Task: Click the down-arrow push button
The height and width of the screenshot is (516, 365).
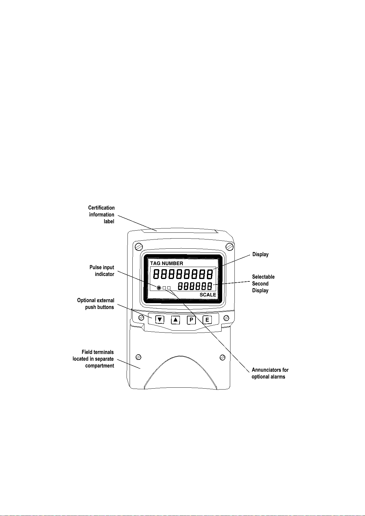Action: point(160,320)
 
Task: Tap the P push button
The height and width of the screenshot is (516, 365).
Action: point(191,320)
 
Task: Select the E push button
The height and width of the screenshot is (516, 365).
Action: point(207,320)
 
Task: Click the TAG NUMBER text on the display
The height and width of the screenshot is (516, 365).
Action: point(166,263)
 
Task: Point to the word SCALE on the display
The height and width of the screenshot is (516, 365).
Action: point(208,295)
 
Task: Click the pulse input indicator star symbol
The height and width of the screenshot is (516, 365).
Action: point(159,288)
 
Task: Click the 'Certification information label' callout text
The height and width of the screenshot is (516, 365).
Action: point(101,215)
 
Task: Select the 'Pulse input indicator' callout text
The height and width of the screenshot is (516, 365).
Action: point(102,271)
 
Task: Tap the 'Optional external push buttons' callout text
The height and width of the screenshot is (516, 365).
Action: point(96,304)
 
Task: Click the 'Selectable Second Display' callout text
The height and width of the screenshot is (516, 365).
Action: point(263,284)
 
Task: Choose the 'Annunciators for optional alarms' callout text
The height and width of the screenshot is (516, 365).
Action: point(270,373)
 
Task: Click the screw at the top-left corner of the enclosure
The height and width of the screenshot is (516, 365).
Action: point(139,246)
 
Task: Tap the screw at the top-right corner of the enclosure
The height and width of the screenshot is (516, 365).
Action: point(230,246)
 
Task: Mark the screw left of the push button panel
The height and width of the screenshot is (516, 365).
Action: point(141,318)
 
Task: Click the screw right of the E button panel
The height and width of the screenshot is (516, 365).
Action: point(226,318)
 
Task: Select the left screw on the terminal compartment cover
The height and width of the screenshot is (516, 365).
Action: point(138,357)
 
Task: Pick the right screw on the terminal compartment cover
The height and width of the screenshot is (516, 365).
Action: point(223,357)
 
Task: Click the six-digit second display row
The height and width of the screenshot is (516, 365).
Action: point(195,286)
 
